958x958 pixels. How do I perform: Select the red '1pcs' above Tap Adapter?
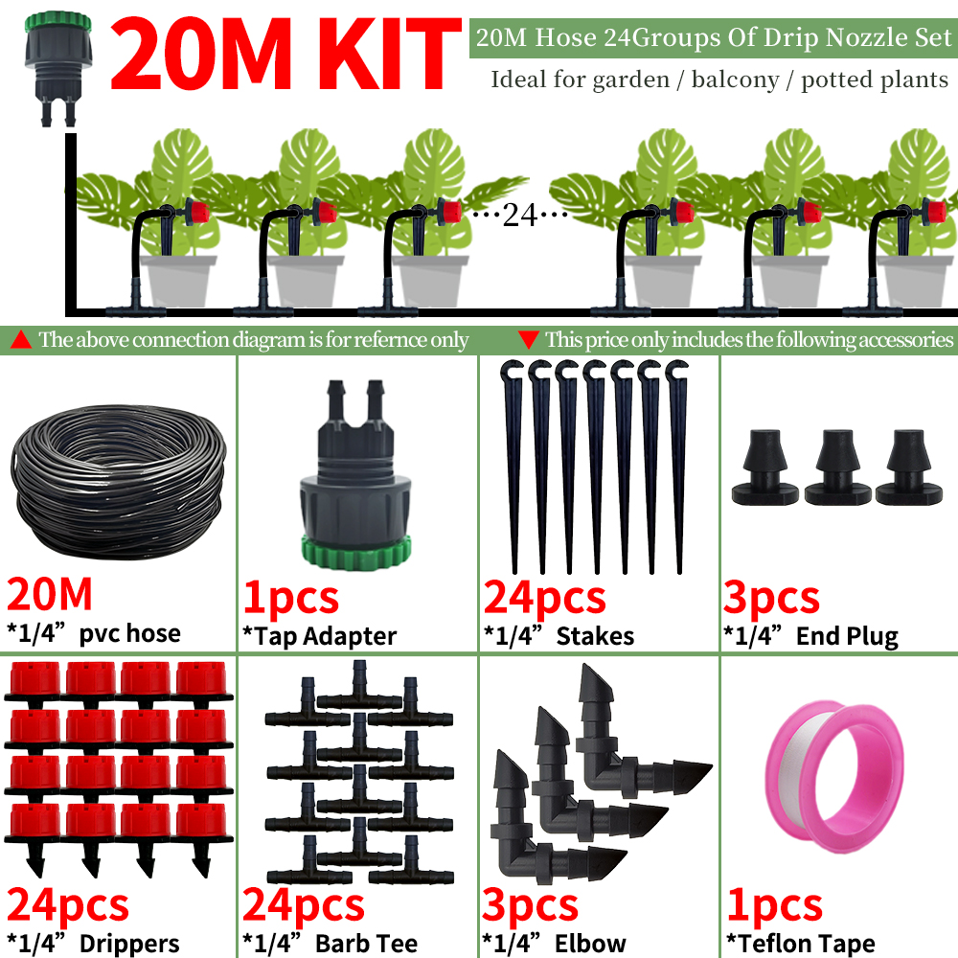pos(291,597)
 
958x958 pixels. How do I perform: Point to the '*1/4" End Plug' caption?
pos(810,635)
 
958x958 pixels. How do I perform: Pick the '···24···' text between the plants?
pos(518,215)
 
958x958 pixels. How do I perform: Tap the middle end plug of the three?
pos(837,468)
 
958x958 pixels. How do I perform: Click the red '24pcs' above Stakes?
pos(545,597)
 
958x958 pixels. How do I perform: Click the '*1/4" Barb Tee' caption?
pos(330,944)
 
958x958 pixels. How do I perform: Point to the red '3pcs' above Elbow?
pos(531,905)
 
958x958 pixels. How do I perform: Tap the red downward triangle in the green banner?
pos(528,339)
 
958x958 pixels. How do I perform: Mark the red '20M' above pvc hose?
pos(50,595)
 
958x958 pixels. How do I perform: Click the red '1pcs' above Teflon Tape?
pos(773,905)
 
